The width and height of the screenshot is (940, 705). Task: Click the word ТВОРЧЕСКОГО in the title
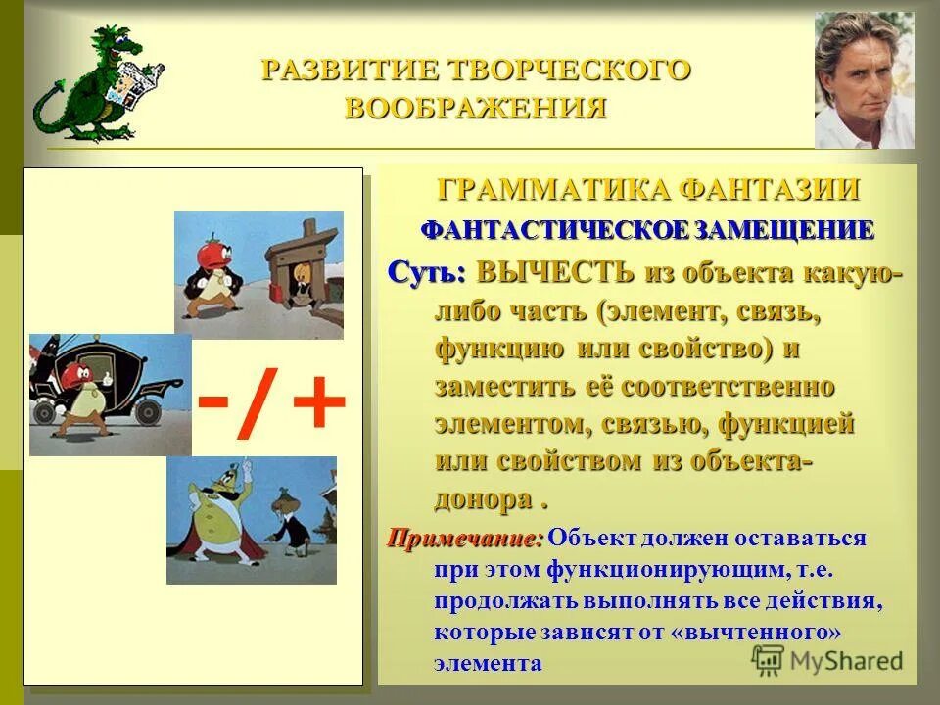click(x=569, y=70)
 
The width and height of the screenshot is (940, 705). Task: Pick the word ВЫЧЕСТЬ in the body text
click(x=554, y=271)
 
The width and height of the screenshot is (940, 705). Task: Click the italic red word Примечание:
click(x=464, y=538)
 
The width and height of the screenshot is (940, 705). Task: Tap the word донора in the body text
click(x=484, y=499)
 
